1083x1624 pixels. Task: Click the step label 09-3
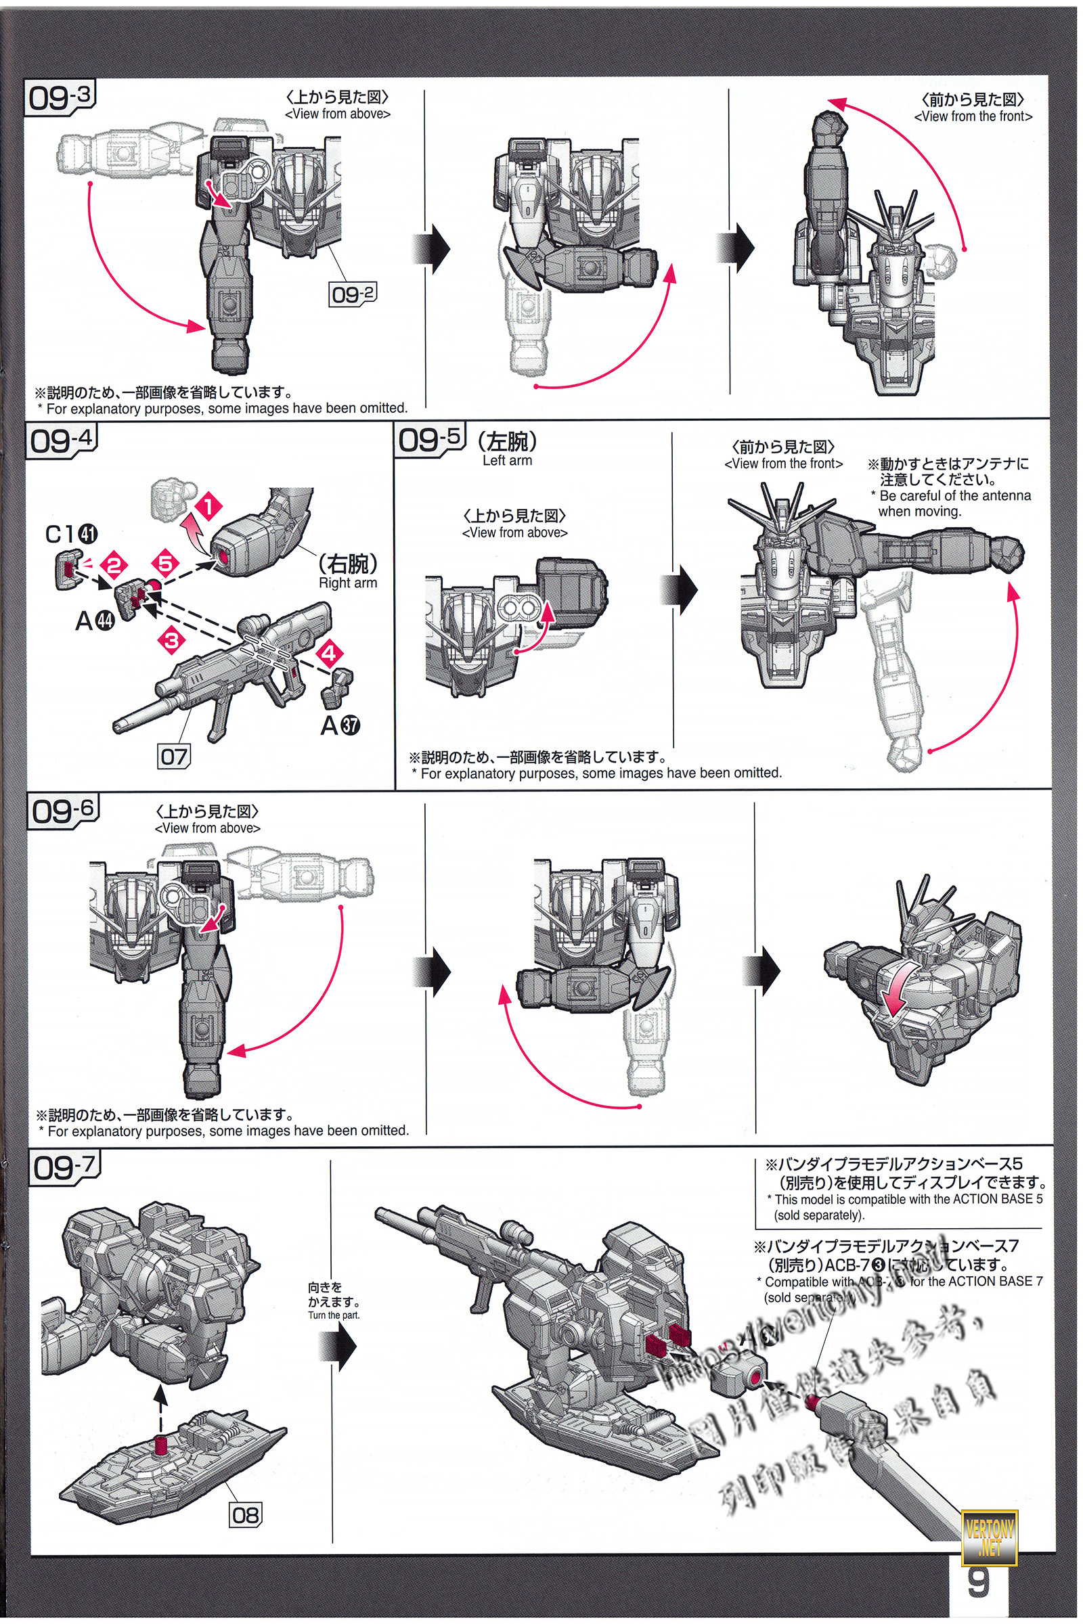click(x=60, y=97)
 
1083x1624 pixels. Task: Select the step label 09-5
click(x=429, y=439)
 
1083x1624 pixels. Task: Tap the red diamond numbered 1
click(x=208, y=506)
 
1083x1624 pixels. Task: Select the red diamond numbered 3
click(x=172, y=639)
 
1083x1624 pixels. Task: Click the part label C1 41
click(x=72, y=534)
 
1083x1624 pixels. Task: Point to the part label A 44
click(x=95, y=621)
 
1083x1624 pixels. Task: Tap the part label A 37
click(x=340, y=725)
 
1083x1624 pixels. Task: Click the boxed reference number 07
click(x=174, y=757)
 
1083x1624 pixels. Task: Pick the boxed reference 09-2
click(x=352, y=294)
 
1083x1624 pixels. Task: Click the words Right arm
click(x=347, y=583)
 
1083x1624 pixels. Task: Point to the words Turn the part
click(x=334, y=1315)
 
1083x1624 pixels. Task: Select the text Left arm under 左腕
click(x=507, y=461)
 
